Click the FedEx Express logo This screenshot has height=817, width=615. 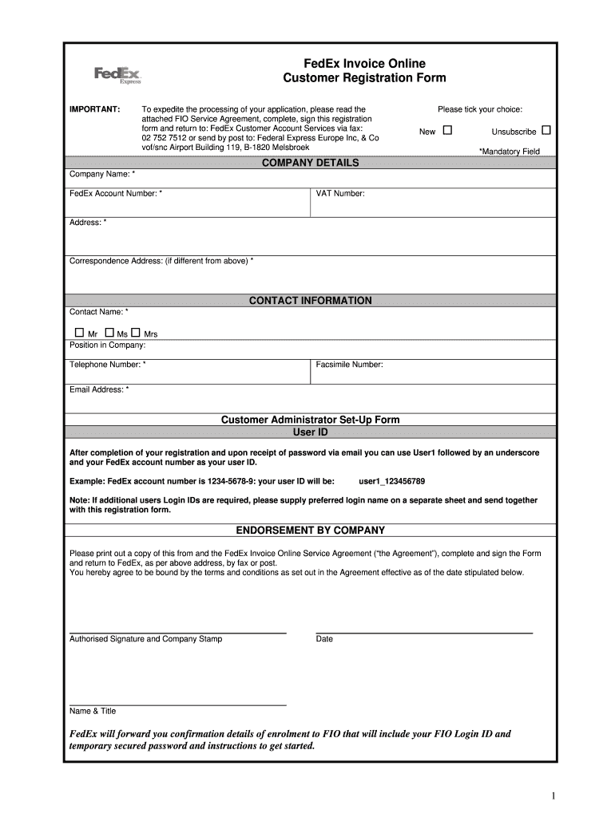click(x=117, y=75)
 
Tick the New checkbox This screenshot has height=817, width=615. click(x=447, y=130)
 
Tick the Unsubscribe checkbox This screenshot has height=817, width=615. click(x=546, y=130)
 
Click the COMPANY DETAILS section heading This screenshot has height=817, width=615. click(x=310, y=163)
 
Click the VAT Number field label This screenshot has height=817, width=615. click(x=340, y=194)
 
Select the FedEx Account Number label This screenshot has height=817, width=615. click(x=116, y=194)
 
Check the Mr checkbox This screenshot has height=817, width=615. click(x=79, y=332)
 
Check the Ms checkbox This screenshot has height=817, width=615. click(x=109, y=332)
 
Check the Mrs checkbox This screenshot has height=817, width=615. click(x=136, y=332)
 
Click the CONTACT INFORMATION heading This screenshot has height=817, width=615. click(x=310, y=301)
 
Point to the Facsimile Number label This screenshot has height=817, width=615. click(x=349, y=365)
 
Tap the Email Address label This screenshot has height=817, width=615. click(x=99, y=389)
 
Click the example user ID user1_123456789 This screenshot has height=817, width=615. click(x=391, y=481)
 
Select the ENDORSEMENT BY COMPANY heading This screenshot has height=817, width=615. click(x=310, y=530)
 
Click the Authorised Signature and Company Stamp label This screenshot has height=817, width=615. click(x=146, y=639)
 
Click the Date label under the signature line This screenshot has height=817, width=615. click(x=324, y=639)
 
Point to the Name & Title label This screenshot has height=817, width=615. click(x=93, y=711)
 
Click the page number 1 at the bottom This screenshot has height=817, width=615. click(x=552, y=795)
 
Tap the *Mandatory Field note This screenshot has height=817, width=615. click(x=509, y=151)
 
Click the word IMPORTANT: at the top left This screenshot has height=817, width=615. click(x=94, y=109)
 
